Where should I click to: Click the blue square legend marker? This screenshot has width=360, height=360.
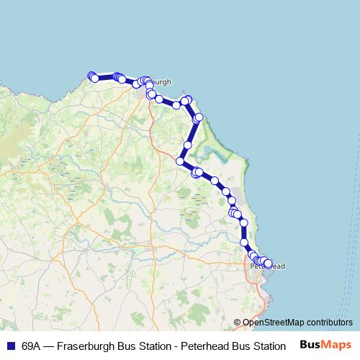coord(10,346)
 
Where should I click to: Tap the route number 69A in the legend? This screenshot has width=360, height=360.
coord(31,346)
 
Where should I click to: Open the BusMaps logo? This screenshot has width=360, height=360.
coord(325,345)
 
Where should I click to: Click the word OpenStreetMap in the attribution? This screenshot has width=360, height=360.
coord(271,322)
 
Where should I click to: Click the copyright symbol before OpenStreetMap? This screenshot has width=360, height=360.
coord(238,322)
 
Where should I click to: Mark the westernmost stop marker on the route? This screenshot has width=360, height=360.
coord(91,76)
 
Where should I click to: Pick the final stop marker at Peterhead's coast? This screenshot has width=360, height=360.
coord(269,264)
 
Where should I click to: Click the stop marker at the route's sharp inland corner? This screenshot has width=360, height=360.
coord(181,161)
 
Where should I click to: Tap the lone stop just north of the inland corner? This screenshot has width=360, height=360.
coord(187,145)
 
